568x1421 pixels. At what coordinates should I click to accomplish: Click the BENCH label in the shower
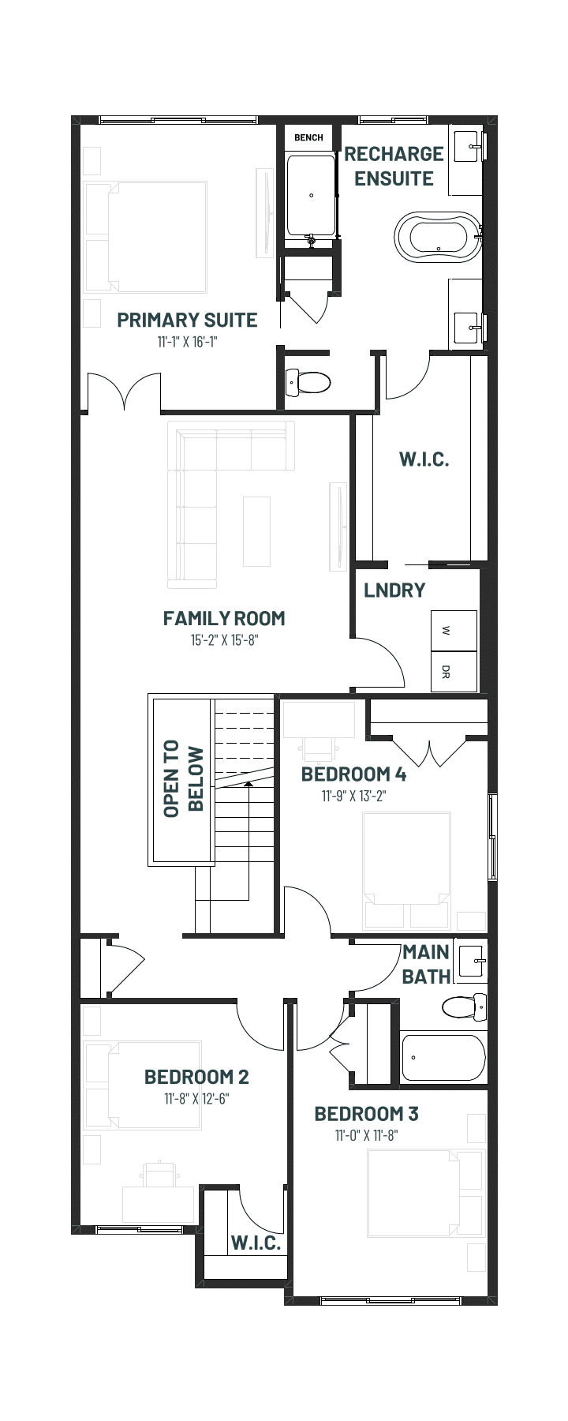click(308, 137)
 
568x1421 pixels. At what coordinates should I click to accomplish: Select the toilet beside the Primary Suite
click(307, 383)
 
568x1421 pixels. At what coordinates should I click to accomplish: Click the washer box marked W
click(454, 631)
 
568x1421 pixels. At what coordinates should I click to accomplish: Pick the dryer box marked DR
click(454, 672)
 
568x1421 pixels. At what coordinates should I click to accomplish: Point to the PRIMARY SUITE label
click(187, 320)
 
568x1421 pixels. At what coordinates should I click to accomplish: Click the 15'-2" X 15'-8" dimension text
click(224, 640)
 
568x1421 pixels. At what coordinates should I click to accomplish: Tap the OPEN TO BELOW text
click(183, 778)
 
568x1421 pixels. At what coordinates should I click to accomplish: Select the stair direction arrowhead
click(248, 785)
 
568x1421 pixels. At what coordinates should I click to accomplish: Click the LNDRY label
click(394, 590)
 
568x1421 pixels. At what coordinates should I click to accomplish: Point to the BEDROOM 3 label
click(366, 1114)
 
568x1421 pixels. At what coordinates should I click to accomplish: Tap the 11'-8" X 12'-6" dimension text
click(196, 1098)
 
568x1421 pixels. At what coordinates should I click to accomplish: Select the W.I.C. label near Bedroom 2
click(256, 1243)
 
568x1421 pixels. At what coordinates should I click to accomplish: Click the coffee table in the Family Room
click(256, 531)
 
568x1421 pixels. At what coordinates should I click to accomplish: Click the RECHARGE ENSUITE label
click(394, 166)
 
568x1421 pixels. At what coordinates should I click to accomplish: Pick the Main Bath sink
click(473, 963)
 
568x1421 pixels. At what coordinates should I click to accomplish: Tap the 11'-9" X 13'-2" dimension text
click(353, 796)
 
